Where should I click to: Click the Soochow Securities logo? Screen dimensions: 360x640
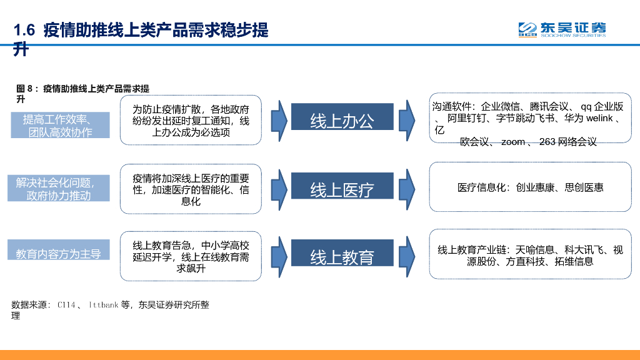(x=562, y=29)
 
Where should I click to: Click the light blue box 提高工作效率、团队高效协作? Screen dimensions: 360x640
(x=59, y=126)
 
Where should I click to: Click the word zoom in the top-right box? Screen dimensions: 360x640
(x=512, y=142)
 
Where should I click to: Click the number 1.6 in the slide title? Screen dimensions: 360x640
(x=24, y=31)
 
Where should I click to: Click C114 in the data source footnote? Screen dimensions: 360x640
(x=66, y=305)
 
